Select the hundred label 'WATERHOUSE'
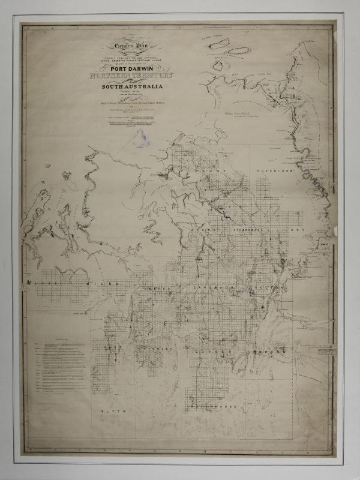pos(214,408)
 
